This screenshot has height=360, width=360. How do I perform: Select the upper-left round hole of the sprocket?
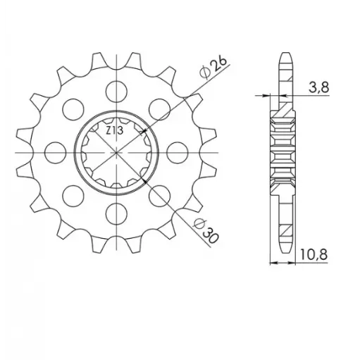[70, 106]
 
